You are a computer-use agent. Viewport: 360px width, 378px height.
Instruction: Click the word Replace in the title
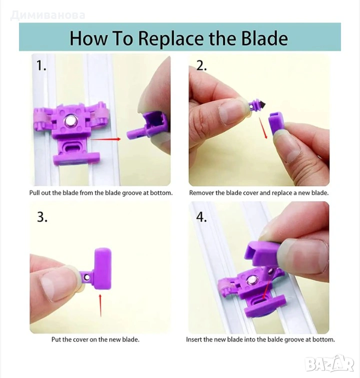tap(172, 38)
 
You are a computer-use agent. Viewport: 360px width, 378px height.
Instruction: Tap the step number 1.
tap(41, 65)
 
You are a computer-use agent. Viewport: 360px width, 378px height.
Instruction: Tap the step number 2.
tap(201, 65)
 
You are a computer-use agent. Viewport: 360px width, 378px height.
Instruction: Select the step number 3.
tap(42, 217)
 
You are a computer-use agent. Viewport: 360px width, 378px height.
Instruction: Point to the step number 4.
tap(201, 217)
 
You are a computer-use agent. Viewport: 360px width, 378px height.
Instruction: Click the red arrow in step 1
tap(105, 139)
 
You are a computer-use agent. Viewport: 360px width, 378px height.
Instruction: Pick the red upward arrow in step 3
tap(100, 305)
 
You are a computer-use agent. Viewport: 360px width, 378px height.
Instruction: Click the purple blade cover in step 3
tap(102, 269)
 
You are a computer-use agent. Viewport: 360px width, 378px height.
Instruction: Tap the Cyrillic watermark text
tap(48, 15)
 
